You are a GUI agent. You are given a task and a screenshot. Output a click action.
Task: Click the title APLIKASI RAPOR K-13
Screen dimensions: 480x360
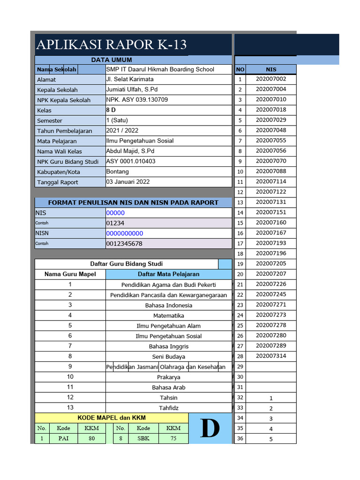(111, 45)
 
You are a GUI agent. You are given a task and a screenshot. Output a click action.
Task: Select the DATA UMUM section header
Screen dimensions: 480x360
(112, 60)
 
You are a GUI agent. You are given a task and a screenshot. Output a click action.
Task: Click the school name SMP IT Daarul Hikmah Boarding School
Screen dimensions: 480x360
(160, 69)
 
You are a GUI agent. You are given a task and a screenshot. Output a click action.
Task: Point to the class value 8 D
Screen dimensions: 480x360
(111, 110)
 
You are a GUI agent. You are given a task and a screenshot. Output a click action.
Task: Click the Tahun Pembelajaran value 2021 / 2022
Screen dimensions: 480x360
(122, 131)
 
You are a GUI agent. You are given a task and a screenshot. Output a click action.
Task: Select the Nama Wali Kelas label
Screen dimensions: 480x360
(60, 151)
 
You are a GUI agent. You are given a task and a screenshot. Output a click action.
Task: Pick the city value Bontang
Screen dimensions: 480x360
(117, 172)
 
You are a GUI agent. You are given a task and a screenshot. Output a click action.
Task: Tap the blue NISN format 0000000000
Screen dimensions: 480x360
(125, 233)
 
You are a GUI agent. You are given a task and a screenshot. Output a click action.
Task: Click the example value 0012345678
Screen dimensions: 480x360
(124, 244)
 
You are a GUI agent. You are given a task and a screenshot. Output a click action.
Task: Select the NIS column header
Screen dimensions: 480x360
(271, 69)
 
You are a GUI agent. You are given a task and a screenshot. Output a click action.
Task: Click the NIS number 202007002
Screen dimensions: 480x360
(271, 79)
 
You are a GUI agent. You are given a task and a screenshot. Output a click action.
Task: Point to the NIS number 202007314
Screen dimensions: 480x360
(271, 356)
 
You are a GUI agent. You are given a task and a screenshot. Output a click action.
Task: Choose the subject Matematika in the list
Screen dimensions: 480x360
(168, 316)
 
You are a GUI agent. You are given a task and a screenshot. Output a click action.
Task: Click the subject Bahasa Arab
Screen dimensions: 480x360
(168, 388)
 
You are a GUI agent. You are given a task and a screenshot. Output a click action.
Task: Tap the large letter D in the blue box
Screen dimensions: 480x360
(210, 428)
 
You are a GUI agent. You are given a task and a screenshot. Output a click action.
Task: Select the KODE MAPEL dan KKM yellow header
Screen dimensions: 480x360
(112, 418)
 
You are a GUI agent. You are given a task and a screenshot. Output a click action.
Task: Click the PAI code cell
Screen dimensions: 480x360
(64, 439)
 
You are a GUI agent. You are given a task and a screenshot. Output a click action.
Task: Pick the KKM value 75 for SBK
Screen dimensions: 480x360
(173, 439)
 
